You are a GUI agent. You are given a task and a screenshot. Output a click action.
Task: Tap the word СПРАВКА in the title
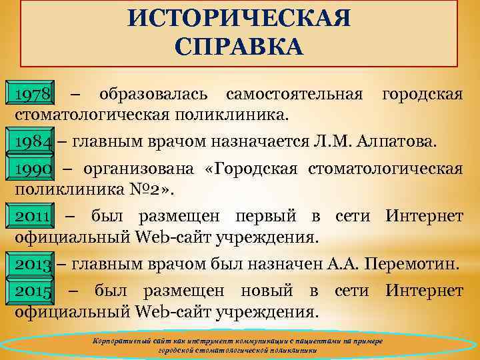click(239, 47)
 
